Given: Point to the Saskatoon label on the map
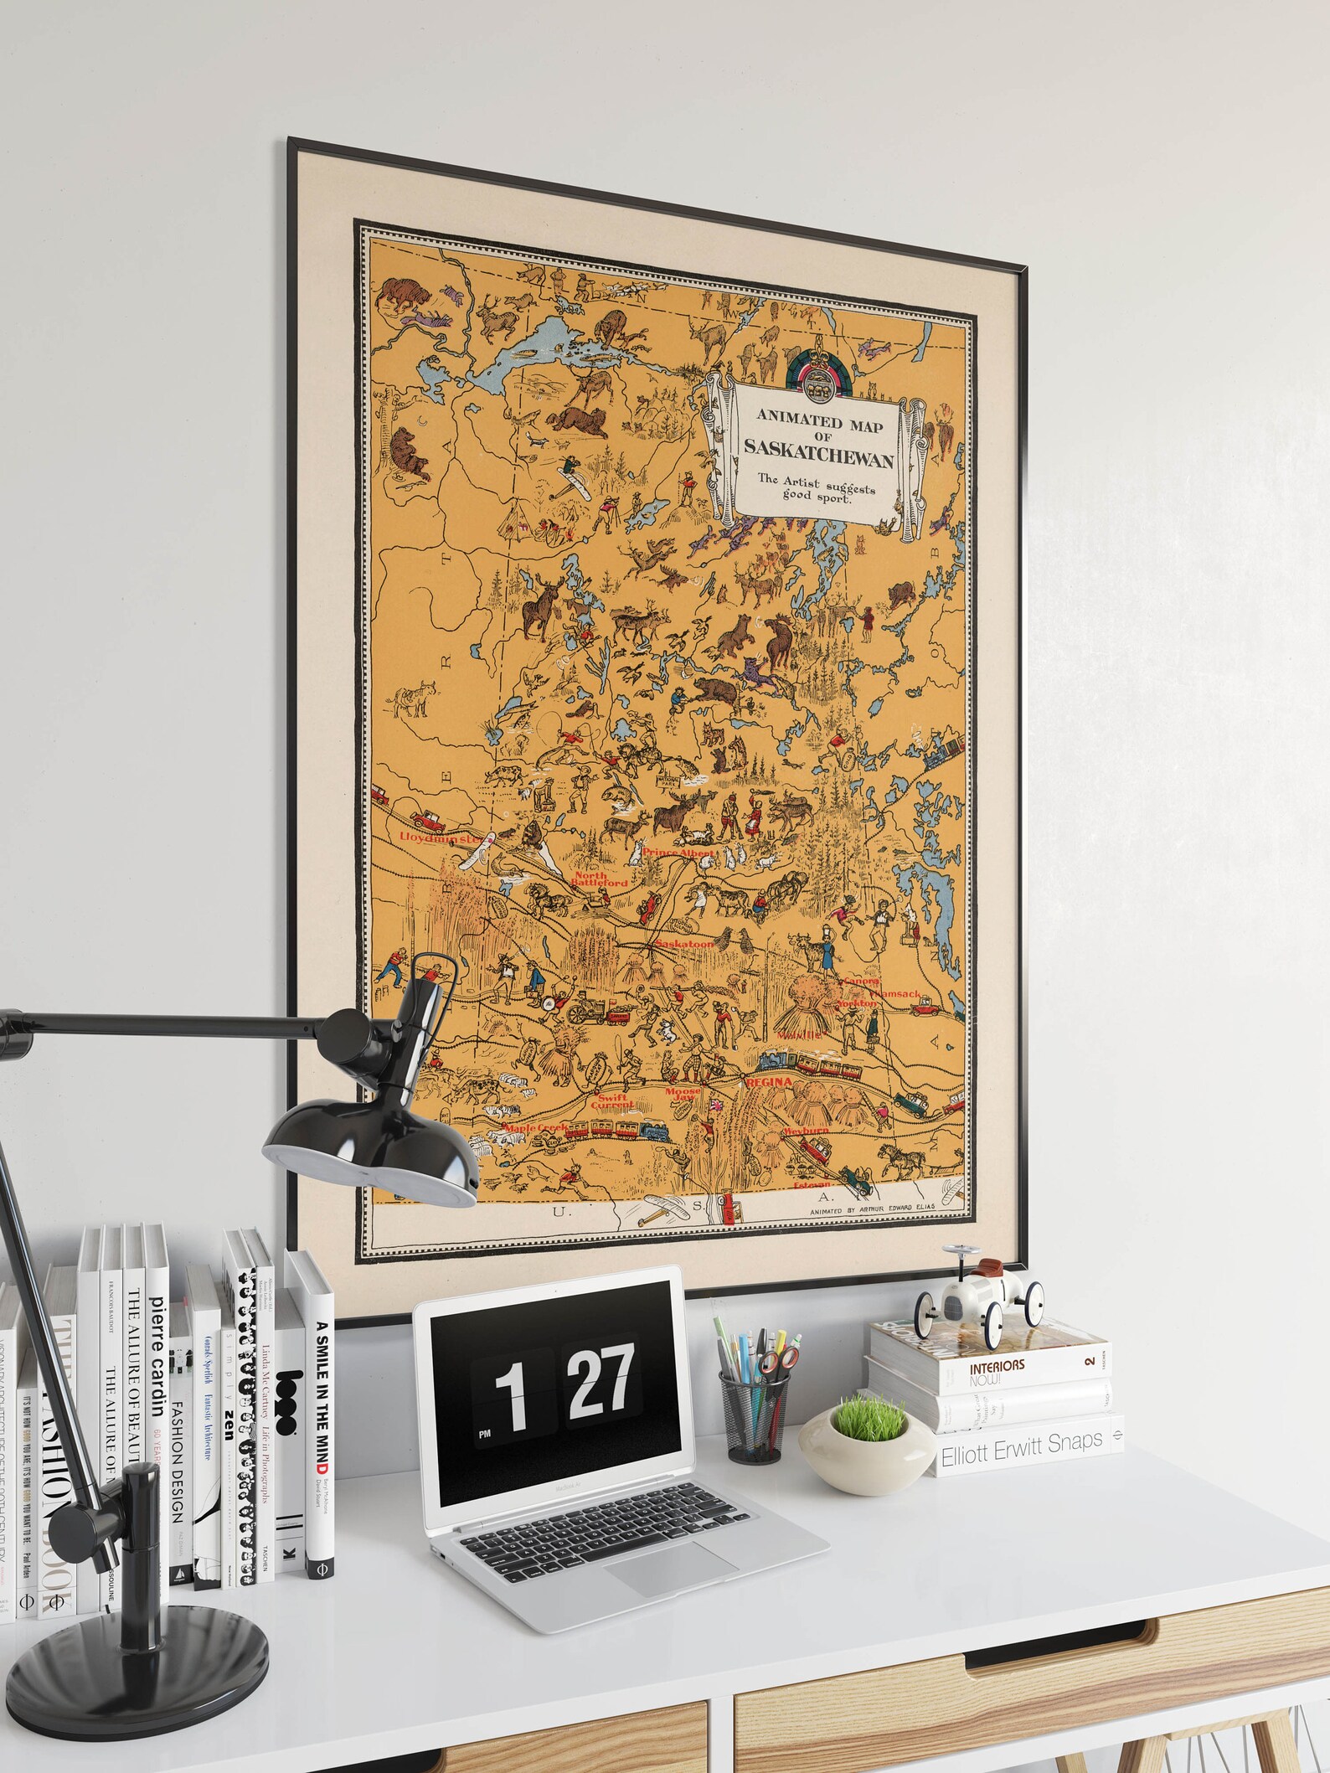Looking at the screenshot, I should pyautogui.click(x=684, y=943).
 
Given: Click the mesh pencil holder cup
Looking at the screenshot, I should pyautogui.click(x=754, y=1416).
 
